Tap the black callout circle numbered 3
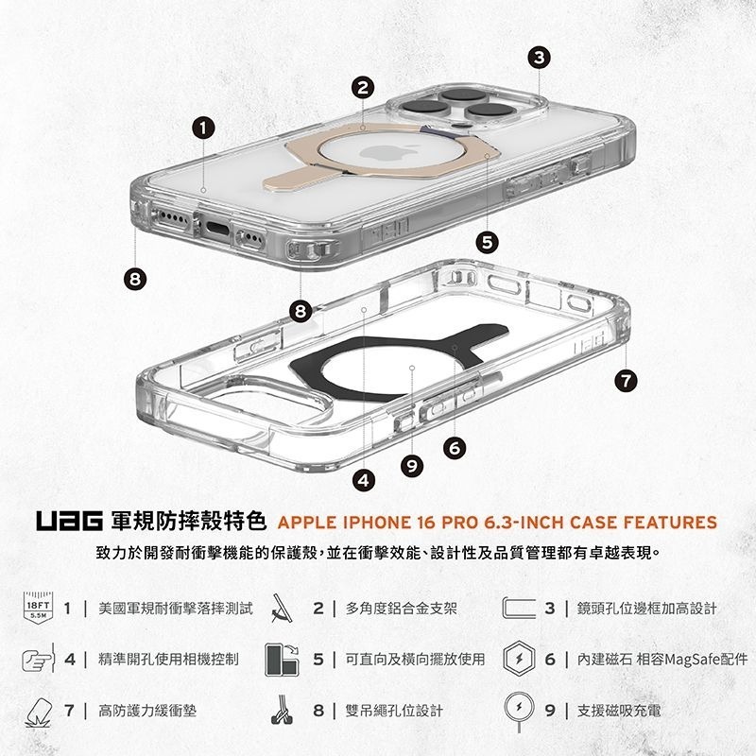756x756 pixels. (538, 59)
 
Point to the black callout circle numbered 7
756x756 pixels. (625, 381)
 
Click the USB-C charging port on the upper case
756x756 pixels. (215, 229)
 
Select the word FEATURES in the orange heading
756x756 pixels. (671, 523)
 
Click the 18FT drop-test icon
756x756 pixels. (41, 610)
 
